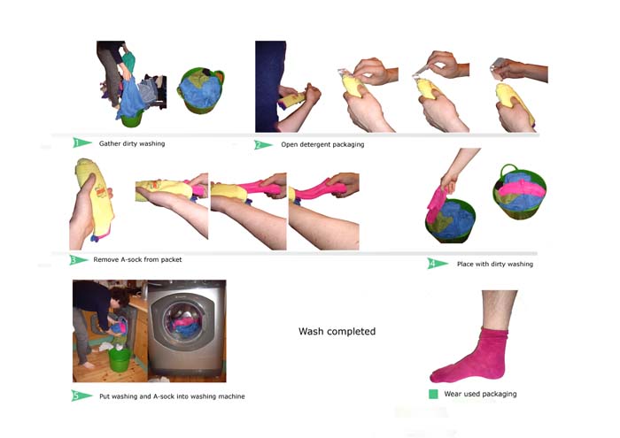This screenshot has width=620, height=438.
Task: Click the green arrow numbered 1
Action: [x=81, y=142]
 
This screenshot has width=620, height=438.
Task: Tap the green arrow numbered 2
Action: [x=262, y=145]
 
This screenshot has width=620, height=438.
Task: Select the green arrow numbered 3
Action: [x=78, y=260]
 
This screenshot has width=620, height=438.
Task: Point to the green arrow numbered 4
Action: [x=438, y=264]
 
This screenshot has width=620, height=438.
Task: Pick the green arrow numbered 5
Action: [x=81, y=396]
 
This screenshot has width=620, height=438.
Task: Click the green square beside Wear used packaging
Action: [x=433, y=394]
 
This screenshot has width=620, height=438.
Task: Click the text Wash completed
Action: [x=337, y=331]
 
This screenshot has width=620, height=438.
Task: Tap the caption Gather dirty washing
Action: [x=132, y=143]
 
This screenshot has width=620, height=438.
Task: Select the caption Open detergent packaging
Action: [x=322, y=144]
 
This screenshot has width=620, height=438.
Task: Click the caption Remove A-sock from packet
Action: [x=137, y=259]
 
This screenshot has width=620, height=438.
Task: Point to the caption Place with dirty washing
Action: [x=495, y=264]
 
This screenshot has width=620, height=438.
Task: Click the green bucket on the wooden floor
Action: [x=120, y=359]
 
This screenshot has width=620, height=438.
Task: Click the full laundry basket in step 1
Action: [x=200, y=90]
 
